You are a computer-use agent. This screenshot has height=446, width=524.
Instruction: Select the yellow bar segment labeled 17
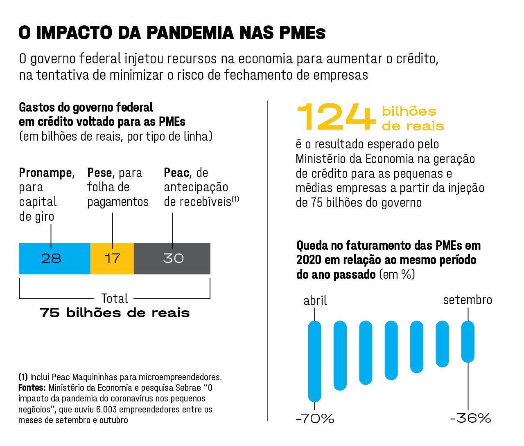(112, 258)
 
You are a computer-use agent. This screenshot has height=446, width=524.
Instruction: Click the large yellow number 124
(336, 117)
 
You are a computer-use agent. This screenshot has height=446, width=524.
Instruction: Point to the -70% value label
(315, 419)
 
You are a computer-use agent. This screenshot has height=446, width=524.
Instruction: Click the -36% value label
(470, 418)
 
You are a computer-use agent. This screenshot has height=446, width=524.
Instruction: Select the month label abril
(315, 301)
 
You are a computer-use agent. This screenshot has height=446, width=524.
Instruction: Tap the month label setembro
(468, 300)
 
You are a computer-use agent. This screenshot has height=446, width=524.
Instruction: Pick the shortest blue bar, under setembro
(468, 341)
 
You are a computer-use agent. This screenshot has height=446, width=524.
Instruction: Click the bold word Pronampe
(45, 173)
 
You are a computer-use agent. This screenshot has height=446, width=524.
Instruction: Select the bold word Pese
(99, 173)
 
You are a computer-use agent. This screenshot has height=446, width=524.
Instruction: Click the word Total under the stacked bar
(115, 298)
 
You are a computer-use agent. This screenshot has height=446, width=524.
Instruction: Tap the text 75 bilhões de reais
(115, 313)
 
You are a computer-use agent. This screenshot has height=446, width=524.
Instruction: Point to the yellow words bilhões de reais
(413, 119)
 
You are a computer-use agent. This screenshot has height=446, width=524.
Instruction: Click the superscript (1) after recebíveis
(235, 199)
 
